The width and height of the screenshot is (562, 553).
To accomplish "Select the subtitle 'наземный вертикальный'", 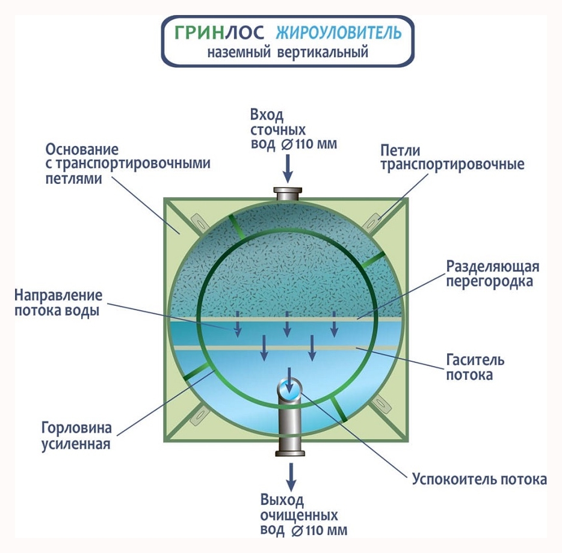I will (x=288, y=53).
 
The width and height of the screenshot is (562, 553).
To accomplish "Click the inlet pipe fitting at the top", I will (x=288, y=194).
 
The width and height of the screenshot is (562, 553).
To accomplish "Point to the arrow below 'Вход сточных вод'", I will (x=288, y=168).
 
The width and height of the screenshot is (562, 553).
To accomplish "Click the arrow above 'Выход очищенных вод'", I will (x=291, y=476).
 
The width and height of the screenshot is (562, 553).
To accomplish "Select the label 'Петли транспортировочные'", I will (x=452, y=157).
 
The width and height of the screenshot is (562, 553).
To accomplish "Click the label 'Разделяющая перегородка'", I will (x=493, y=273).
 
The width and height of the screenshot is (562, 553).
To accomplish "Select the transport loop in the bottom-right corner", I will (x=380, y=415).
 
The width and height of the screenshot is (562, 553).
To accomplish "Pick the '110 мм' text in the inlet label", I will (x=317, y=144).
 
